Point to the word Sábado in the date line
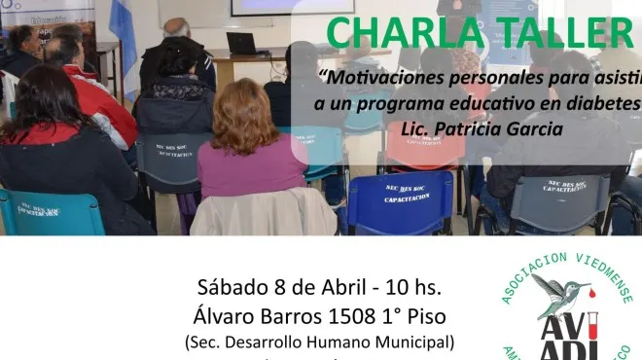[x=234, y=288]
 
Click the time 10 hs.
[x=413, y=288]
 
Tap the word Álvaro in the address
[x=223, y=316]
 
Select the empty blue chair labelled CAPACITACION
[x=386, y=202]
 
